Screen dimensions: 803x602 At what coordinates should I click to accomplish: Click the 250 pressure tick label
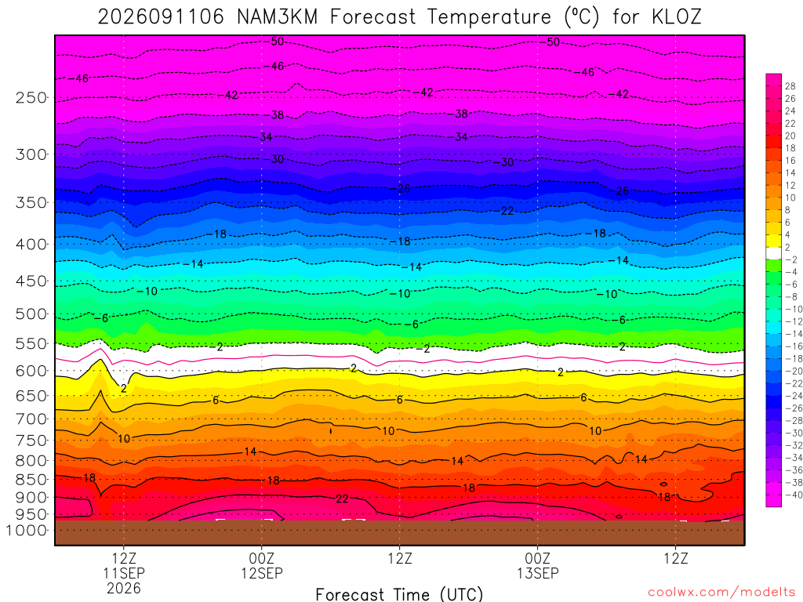point(31,97)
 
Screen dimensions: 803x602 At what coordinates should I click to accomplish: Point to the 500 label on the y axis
point(31,314)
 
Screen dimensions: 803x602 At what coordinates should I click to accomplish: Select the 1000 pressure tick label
point(27,531)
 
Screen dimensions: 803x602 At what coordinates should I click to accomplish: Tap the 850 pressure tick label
point(31,480)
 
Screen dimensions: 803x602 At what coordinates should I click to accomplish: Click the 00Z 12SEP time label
point(262,566)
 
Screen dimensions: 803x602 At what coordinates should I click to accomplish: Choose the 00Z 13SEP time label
point(538,566)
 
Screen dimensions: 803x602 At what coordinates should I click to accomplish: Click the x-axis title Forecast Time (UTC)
point(399,594)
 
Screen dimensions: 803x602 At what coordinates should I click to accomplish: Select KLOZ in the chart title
point(676,17)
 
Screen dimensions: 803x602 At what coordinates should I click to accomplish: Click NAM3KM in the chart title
point(277,17)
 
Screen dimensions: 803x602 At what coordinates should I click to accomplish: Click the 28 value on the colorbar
point(790,86)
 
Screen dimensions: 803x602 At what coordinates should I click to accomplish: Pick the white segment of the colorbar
point(774,253)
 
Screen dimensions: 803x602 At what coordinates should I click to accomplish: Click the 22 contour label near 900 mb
point(342,499)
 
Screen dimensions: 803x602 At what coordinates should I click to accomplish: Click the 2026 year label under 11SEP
point(124,588)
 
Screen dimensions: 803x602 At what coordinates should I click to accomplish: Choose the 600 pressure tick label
point(31,371)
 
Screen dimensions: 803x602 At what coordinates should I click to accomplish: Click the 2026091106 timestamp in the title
point(161,17)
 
